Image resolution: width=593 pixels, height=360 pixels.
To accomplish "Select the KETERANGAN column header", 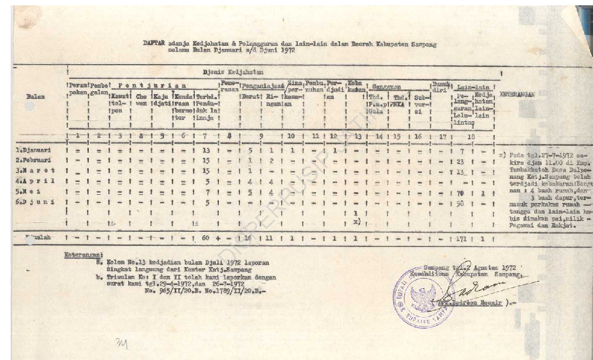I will point(517,94).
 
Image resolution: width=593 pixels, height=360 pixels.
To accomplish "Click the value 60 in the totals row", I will point(205,239).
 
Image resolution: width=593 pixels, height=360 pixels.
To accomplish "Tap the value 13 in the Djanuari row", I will point(206,151).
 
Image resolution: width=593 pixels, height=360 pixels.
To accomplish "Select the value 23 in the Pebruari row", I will point(461,161).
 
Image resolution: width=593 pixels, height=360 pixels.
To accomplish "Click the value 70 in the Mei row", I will point(460,192).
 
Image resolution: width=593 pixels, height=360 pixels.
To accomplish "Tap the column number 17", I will point(442,137).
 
